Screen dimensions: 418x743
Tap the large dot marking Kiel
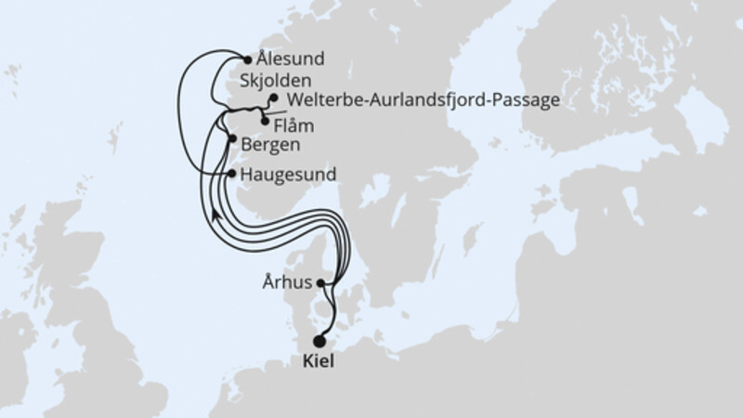321,341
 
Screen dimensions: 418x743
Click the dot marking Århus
320,282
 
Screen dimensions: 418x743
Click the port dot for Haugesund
231,173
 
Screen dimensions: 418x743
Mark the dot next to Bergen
231,139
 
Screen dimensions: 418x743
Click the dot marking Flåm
267,121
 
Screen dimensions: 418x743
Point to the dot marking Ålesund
246,57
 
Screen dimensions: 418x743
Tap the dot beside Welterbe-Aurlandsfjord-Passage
274,97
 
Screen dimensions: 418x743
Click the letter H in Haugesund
244,174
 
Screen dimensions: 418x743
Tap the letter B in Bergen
244,145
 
